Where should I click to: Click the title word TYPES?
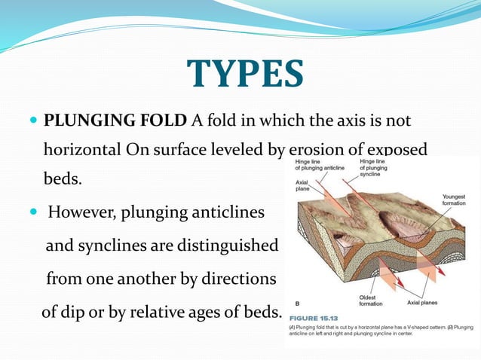tap(245, 74)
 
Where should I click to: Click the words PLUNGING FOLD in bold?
tap(115, 121)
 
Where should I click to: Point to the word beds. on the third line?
tap(62, 180)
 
